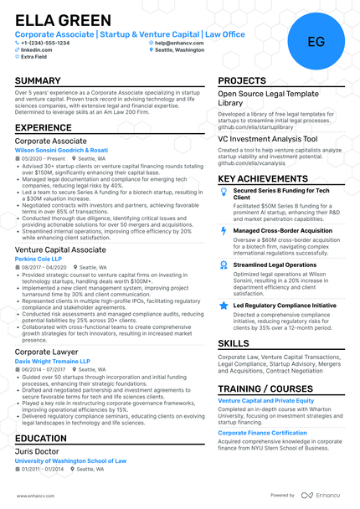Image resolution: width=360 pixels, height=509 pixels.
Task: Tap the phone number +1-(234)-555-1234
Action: (x=47, y=42)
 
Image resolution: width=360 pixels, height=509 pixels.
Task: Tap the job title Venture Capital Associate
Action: (x=60, y=249)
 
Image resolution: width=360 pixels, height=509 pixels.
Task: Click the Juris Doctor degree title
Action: (x=37, y=451)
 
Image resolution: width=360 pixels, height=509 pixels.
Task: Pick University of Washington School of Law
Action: (x=70, y=460)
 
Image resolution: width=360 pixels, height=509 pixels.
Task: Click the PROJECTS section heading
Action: (x=242, y=81)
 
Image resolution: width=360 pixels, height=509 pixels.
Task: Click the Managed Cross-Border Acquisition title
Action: (x=277, y=230)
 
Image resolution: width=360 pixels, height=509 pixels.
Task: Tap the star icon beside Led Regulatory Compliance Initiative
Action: (x=224, y=306)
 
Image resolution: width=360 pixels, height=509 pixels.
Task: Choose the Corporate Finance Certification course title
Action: (x=262, y=433)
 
